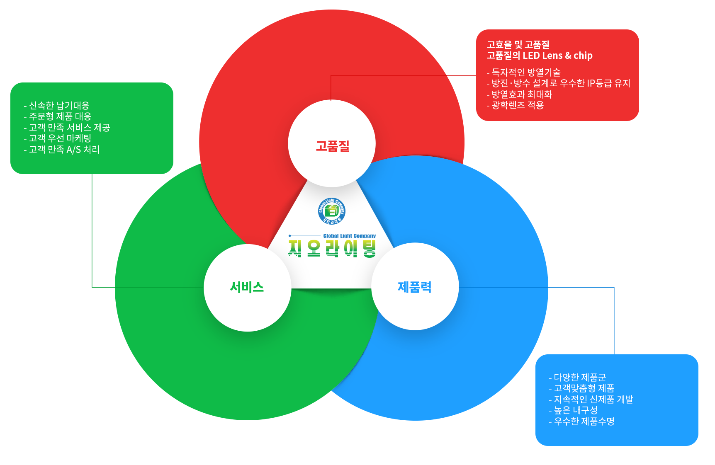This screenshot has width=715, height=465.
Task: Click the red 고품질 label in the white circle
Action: (x=333, y=146)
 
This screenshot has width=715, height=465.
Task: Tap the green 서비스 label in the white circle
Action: (x=247, y=287)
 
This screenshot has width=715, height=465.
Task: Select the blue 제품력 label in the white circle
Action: (x=414, y=287)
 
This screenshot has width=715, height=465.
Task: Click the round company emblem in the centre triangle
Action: (x=332, y=211)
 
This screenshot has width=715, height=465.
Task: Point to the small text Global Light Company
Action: (x=349, y=236)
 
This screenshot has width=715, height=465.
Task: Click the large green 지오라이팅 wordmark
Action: (x=332, y=249)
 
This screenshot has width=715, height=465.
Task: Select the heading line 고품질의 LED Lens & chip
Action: (x=539, y=56)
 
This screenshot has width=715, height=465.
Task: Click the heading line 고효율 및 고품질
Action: (x=518, y=44)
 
